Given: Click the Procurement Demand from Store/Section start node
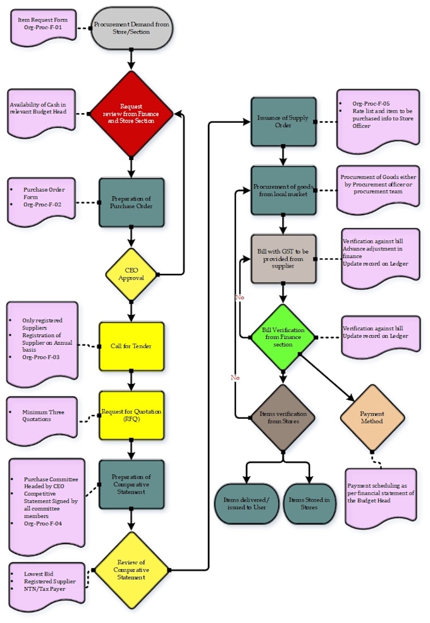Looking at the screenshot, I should tap(131, 28).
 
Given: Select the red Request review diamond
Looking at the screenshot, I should tap(131, 113).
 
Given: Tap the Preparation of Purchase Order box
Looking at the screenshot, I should tap(131, 202).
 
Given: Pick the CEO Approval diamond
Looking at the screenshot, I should tap(131, 274).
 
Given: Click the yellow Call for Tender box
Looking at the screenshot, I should tap(131, 346).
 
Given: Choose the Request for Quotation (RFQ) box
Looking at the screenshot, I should tap(131, 415).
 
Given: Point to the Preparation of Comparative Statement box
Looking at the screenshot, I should tap(131, 484).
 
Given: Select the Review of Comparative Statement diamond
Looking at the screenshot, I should tap(131, 569).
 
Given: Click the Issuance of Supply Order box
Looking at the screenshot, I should tap(283, 121).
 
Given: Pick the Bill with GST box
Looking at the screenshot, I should tap(283, 258).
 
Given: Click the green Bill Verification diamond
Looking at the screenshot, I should tap(283, 337).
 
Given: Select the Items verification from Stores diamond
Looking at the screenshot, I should tap(283, 417).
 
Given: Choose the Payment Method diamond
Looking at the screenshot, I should tap(372, 417).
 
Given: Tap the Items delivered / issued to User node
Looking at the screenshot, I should tap(247, 504).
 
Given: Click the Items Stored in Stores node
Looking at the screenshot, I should tap(309, 504).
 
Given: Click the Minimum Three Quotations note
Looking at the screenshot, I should tap(42, 419).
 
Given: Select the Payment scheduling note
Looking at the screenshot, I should tap(381, 497).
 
